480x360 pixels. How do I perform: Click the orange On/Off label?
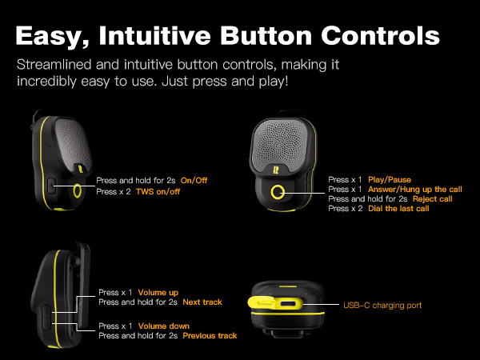point(199,181)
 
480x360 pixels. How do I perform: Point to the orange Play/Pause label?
point(390,179)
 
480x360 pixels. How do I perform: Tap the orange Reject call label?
point(432,198)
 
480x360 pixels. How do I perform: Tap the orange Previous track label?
point(210,336)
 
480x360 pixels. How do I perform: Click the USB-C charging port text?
point(382,305)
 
